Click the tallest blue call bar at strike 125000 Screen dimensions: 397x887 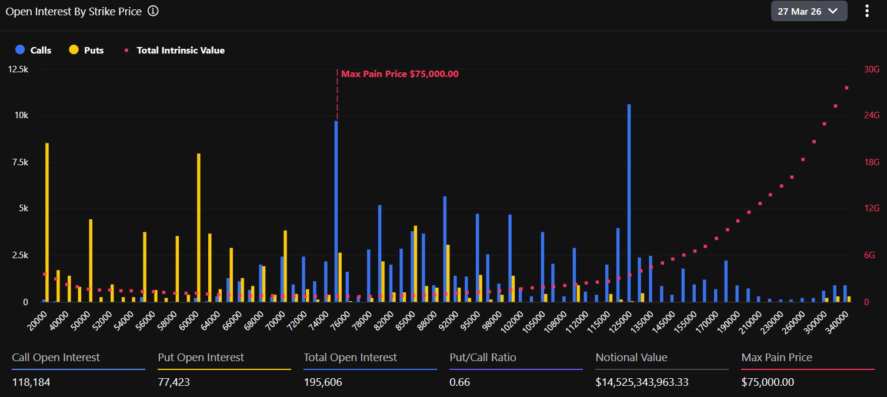(629, 203)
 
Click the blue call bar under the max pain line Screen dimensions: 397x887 (336, 212)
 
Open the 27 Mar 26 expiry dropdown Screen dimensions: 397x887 (809, 11)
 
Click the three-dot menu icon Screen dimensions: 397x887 (866, 11)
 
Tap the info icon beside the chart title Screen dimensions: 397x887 (153, 11)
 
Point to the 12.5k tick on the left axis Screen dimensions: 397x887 (18, 69)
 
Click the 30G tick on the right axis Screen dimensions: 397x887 (872, 69)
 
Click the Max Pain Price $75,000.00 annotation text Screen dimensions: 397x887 (400, 74)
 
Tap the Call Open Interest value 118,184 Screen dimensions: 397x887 (31, 382)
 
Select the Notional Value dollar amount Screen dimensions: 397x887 (642, 382)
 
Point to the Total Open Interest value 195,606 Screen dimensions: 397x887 (323, 382)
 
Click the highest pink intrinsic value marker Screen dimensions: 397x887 (846, 88)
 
